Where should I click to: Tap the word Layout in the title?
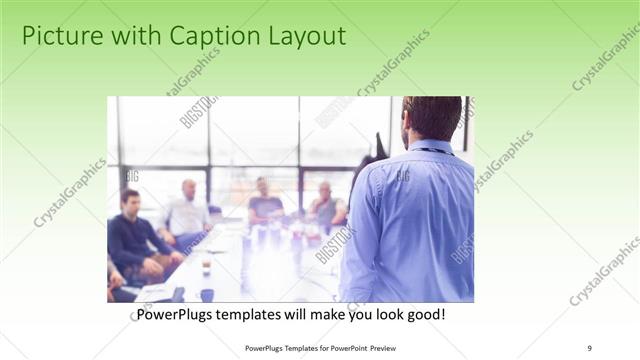(x=304, y=37)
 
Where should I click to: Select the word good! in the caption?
(x=423, y=315)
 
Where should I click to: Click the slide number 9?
(x=591, y=348)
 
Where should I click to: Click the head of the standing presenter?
(x=432, y=119)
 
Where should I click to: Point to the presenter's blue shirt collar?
(x=430, y=147)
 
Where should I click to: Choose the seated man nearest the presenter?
(x=326, y=206)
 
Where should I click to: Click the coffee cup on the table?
(x=206, y=265)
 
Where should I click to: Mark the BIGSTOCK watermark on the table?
(x=335, y=245)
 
